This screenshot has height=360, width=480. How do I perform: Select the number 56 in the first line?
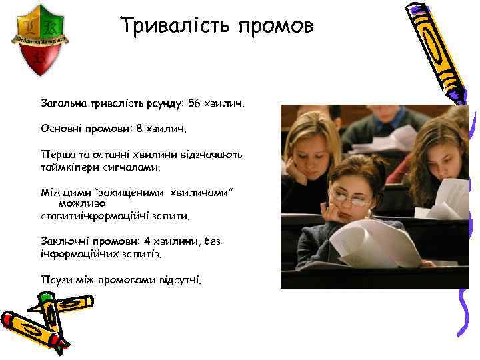coord(195,103)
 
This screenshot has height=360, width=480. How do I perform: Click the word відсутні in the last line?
coord(179,279)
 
